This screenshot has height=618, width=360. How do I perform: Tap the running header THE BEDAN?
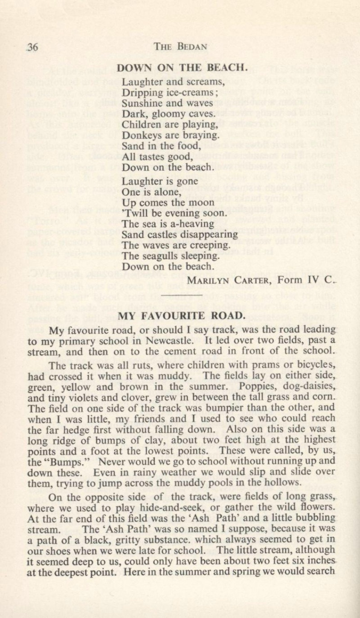pos(175,47)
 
